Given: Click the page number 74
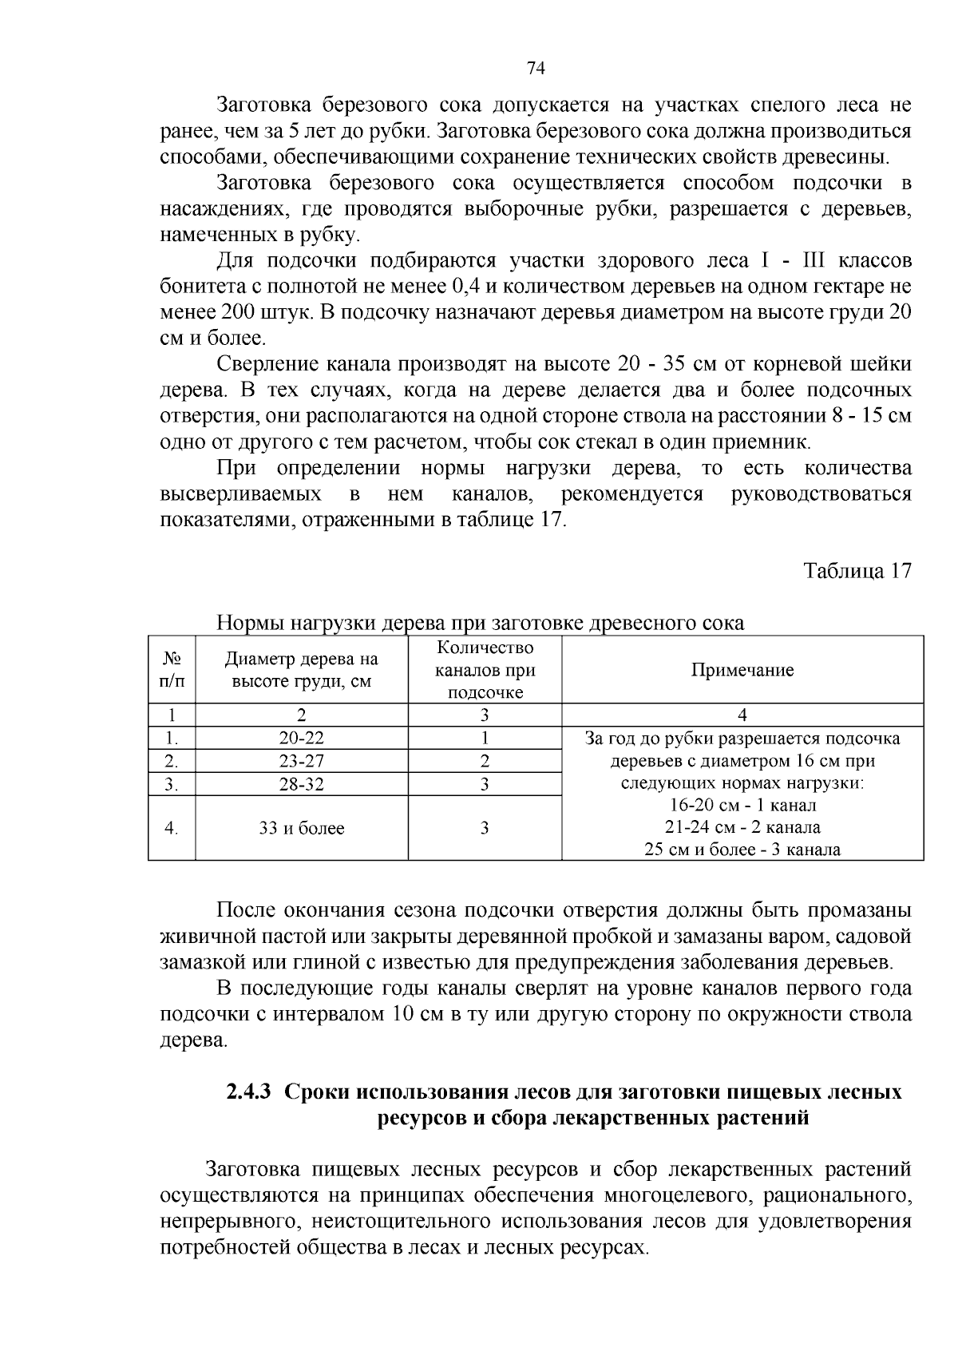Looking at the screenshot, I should [536, 69].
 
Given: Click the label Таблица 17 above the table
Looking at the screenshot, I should [857, 572].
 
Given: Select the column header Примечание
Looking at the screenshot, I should [742, 670].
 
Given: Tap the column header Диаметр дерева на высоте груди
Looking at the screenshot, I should [301, 670].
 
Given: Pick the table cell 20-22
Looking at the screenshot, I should [301, 739].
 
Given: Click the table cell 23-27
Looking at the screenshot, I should [301, 761].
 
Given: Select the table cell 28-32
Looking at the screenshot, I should [301, 784].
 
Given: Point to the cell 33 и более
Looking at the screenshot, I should [301, 828].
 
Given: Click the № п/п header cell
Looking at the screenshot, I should [172, 670].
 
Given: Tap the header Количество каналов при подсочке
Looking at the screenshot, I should [485, 670].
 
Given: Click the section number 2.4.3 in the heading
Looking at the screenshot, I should [250, 1092].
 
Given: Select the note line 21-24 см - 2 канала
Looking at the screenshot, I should [742, 827].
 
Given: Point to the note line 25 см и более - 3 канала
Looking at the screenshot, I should [742, 850].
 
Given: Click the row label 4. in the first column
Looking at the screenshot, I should [172, 828].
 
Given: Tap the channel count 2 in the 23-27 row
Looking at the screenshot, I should [485, 761].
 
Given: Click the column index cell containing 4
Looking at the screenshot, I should [742, 715].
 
